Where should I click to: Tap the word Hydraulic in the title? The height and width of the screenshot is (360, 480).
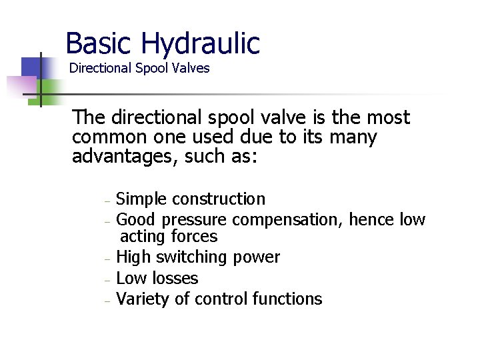coord(200,44)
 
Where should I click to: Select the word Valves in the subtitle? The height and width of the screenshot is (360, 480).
coord(192,68)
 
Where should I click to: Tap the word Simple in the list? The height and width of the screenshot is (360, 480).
coord(141,199)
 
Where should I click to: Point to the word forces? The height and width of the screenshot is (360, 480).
coord(194,237)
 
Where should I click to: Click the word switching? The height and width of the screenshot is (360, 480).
coord(189,257)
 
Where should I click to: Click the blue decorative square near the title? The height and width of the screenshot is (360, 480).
coord(31,67)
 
